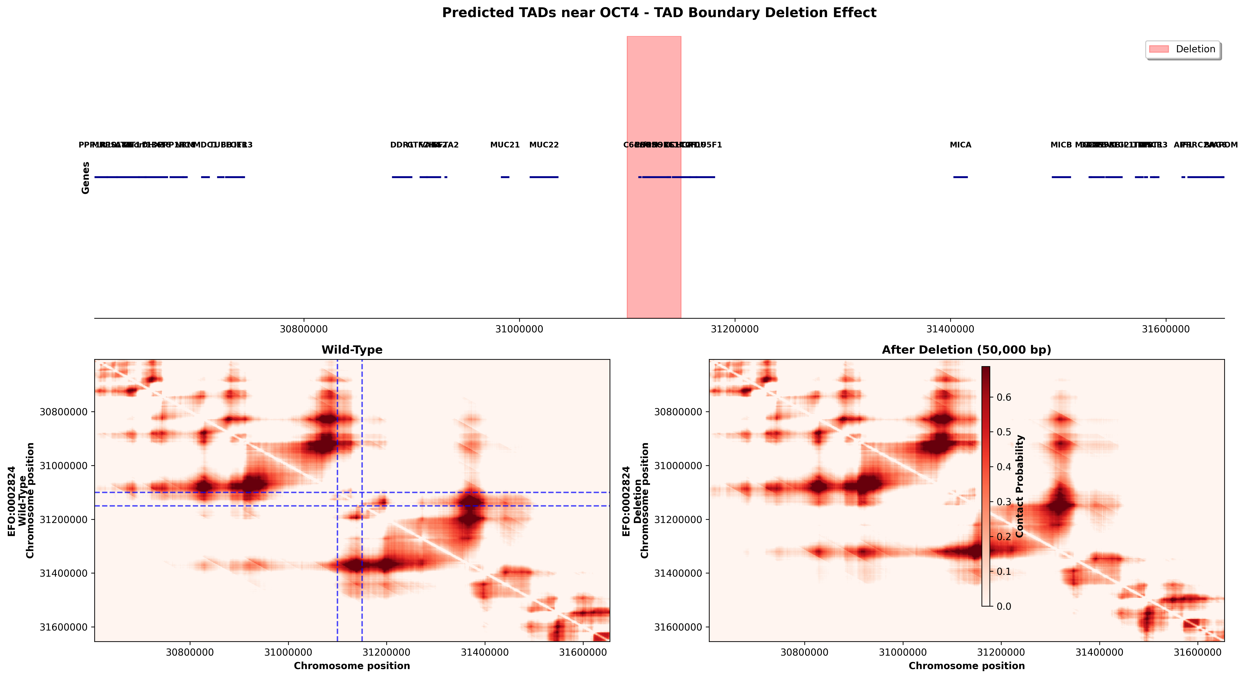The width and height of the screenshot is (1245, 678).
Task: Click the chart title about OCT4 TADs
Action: [659, 13]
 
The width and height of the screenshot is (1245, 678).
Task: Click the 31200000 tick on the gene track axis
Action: [735, 329]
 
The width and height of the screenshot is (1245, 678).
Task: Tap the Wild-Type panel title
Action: [352, 350]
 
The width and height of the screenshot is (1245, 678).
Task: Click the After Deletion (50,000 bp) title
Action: [966, 350]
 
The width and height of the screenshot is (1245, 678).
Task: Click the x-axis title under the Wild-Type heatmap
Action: [352, 666]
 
